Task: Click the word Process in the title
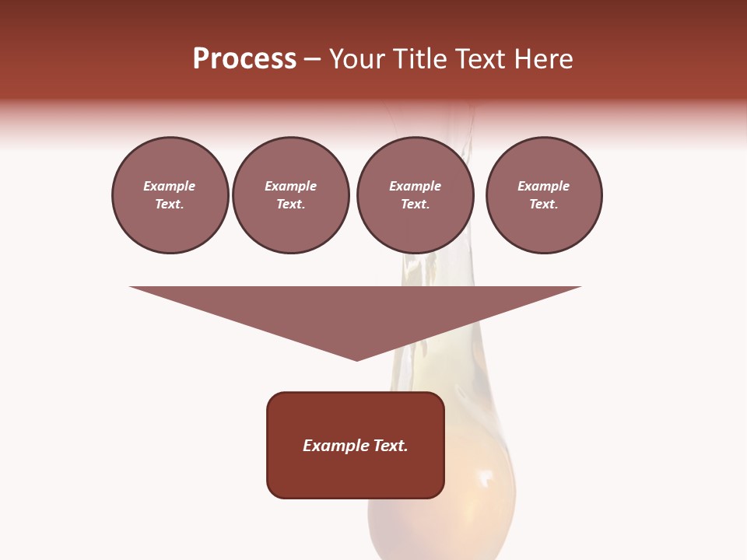[244, 59]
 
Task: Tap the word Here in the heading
[544, 59]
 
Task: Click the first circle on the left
[170, 195]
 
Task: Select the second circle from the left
[290, 195]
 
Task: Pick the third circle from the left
[415, 195]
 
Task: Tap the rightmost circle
[543, 195]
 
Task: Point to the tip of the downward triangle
[356, 359]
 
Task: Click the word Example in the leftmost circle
[170, 186]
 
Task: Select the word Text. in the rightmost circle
[543, 205]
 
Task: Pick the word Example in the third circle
[415, 186]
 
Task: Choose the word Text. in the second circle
[290, 205]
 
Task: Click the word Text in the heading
[484, 59]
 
